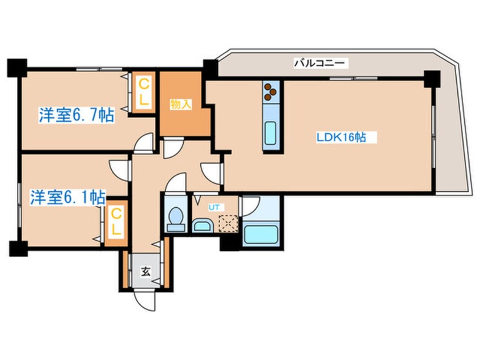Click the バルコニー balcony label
click(319, 63)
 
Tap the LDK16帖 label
click(341, 137)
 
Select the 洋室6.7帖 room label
click(77, 115)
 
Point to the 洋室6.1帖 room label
click(68, 197)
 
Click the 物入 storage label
click(180, 104)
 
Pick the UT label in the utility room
click(214, 207)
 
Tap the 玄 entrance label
click(146, 271)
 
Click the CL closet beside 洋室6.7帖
click(144, 92)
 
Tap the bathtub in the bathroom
click(261, 235)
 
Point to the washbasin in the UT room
click(202, 226)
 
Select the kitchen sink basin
click(271, 133)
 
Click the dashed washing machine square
click(228, 223)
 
